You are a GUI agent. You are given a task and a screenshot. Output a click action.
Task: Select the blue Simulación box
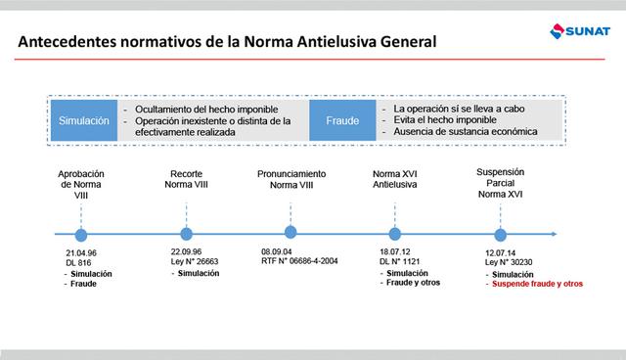point(84,120)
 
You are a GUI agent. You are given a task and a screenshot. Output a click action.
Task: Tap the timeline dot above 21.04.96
point(81,235)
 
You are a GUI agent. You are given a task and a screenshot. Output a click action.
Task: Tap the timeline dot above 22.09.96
point(186,234)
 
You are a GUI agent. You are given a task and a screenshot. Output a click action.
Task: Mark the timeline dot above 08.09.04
point(290,233)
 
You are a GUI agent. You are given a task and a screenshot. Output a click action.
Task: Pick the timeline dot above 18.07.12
point(395,234)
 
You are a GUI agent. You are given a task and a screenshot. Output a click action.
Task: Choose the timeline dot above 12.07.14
point(501,235)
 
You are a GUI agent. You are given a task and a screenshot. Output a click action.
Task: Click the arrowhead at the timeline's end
point(554,234)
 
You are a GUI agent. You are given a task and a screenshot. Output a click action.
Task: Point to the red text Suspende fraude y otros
point(534,284)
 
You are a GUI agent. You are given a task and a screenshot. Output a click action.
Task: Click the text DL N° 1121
point(399,262)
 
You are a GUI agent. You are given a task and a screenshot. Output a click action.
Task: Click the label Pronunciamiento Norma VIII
point(291,179)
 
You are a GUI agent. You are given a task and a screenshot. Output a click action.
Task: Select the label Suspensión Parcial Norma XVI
point(501,183)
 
